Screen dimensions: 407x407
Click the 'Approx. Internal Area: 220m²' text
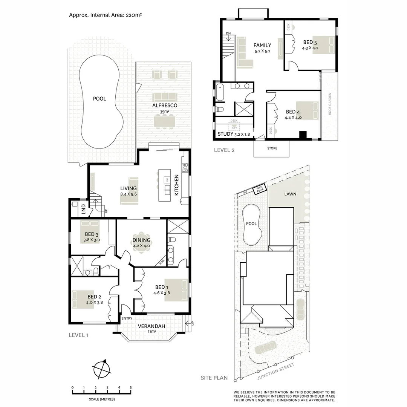[105, 15]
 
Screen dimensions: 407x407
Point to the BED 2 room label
[95, 297]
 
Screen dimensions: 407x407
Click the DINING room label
[141, 240]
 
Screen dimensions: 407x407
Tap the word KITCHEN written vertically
[176, 185]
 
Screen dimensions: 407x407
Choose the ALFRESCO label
[165, 106]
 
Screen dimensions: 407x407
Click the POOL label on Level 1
[99, 99]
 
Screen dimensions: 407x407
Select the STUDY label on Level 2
[225, 134]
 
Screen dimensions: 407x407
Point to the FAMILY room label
[262, 45]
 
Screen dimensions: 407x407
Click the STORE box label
[272, 148]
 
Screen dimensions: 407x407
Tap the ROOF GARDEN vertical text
[329, 104]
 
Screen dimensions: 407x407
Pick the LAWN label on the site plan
[291, 194]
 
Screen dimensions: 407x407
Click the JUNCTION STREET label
[274, 372]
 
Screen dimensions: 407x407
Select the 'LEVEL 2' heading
[224, 150]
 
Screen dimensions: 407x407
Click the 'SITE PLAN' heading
[214, 378]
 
